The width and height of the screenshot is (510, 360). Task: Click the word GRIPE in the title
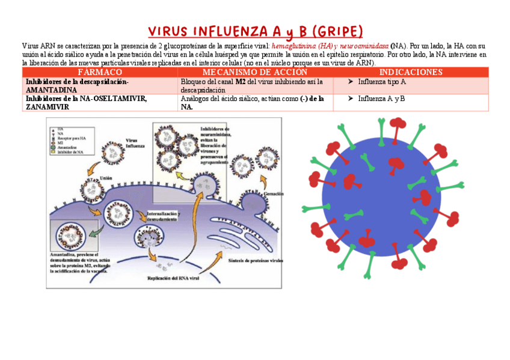338,31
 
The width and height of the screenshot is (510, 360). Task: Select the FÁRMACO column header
100,72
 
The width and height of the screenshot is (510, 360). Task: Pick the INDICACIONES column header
411,72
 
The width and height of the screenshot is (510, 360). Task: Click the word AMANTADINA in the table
51,90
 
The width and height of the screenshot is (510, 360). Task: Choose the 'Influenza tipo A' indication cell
382,82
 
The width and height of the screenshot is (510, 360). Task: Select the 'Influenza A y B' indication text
381,99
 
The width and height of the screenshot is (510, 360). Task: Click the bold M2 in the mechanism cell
240,82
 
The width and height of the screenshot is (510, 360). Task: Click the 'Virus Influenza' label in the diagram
135,143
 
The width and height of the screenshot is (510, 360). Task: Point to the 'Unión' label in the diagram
106,178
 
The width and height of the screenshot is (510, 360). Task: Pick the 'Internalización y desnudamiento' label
162,216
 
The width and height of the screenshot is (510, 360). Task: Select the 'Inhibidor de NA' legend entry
71,153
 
